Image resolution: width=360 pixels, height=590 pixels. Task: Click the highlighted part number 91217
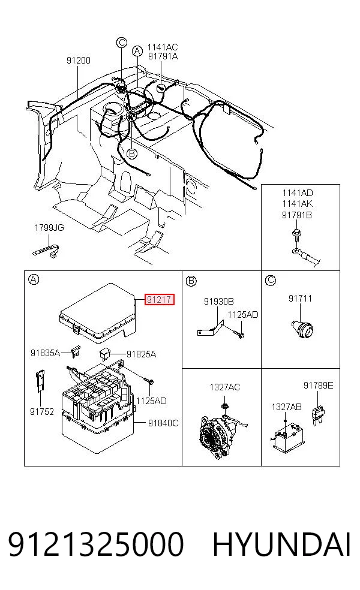tap(160, 300)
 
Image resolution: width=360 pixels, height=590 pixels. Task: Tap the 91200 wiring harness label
tap(79, 60)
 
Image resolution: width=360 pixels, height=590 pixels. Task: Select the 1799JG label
tap(49, 228)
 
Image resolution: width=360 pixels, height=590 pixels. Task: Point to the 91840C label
tap(163, 423)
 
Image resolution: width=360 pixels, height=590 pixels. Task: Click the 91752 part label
tap(42, 412)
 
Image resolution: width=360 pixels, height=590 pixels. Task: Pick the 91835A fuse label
tap(45, 353)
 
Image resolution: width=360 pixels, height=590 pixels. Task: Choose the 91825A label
tap(141, 354)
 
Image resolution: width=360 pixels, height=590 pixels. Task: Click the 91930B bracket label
tap(219, 302)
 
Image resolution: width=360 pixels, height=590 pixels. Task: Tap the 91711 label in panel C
tap(300, 299)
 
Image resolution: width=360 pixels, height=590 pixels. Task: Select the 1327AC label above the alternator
tap(225, 387)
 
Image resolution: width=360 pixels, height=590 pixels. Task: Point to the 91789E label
tap(318, 386)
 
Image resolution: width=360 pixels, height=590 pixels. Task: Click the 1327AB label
tap(287, 407)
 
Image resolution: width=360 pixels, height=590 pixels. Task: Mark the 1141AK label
tap(298, 204)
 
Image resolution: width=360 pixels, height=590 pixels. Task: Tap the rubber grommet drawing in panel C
tap(302, 328)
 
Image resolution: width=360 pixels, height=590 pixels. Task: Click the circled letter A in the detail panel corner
tap(34, 279)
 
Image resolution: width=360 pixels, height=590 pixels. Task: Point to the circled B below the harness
tap(131, 153)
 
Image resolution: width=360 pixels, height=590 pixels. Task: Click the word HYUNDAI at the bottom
tap(281, 544)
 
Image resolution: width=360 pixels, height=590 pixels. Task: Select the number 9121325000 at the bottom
tap(96, 544)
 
